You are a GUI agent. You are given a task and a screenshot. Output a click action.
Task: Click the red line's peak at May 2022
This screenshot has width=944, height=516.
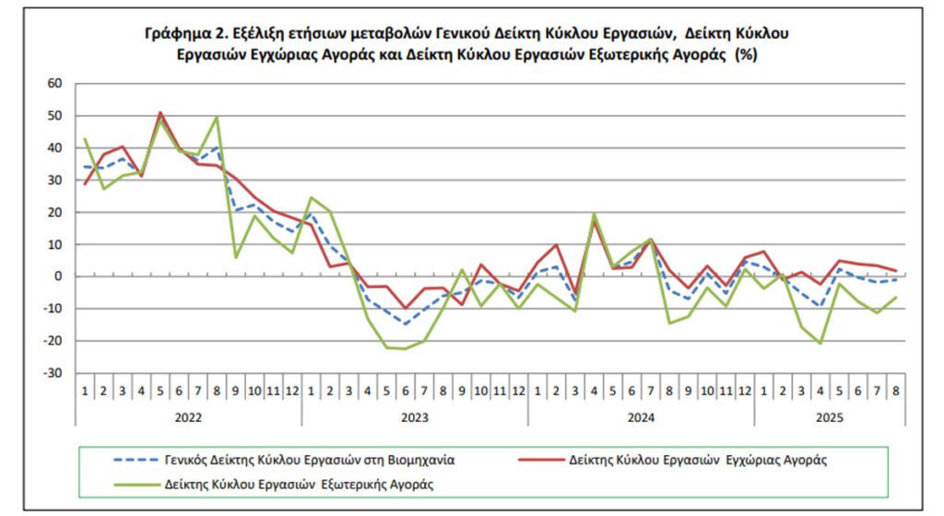pos(160,112)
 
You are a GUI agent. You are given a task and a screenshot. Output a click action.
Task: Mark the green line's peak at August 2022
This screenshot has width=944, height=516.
pos(217,117)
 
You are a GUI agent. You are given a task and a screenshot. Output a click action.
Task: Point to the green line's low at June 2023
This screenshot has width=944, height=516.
pos(405,348)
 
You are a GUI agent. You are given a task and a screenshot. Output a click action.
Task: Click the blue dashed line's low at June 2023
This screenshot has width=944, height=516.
pos(405,323)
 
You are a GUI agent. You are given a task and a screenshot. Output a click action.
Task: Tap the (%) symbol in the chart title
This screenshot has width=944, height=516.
pos(746,55)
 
